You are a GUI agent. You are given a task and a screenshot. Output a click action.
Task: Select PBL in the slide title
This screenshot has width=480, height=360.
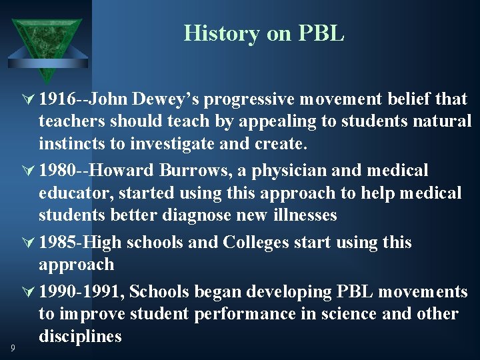tap(323, 33)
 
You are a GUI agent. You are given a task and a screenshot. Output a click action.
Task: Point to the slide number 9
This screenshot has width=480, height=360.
tap(13, 347)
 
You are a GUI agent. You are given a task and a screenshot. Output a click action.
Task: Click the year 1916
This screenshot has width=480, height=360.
tap(57, 99)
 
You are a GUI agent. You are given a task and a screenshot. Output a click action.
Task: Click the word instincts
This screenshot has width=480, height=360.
tap(71, 143)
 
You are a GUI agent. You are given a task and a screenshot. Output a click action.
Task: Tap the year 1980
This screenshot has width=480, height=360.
tap(57, 171)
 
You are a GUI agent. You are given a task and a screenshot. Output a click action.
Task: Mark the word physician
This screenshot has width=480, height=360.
tap(290, 171)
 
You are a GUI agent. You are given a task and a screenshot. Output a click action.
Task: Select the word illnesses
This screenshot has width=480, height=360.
tap(303, 215)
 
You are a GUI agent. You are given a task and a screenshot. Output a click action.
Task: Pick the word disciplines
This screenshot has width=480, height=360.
tap(80, 336)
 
